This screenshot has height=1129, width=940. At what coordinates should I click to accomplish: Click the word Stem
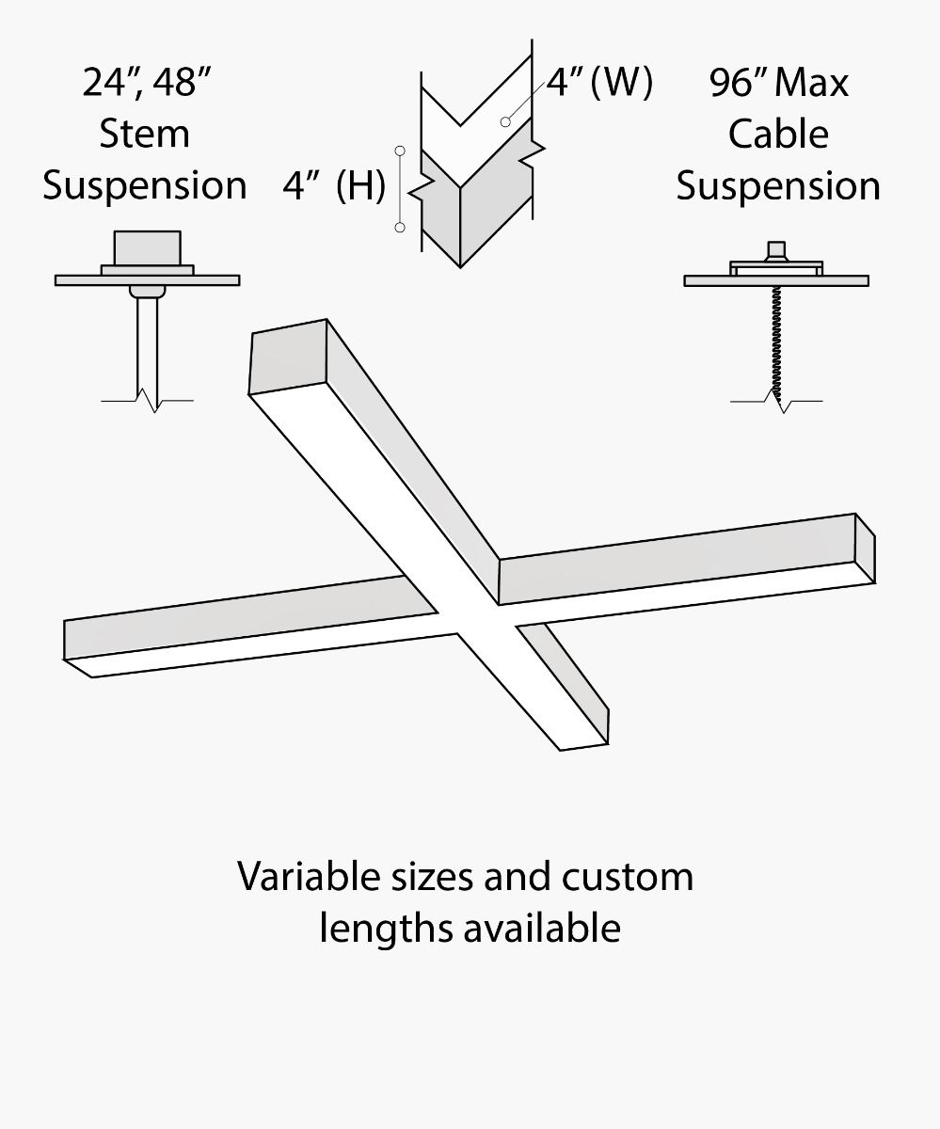144,134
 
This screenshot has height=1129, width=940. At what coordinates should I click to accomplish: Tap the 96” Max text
779,83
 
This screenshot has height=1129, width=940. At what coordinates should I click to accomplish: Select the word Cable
778,134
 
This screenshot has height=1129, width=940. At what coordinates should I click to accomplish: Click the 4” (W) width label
598,83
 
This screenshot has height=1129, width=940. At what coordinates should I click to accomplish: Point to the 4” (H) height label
334,186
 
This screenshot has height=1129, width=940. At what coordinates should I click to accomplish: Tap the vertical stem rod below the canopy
147,343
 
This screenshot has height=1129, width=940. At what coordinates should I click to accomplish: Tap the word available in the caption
541,928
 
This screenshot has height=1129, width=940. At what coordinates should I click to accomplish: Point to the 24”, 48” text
144,83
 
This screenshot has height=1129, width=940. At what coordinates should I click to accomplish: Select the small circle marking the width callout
506,121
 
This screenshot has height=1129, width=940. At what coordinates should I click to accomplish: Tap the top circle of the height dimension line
400,150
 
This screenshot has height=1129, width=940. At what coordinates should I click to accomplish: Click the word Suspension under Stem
144,185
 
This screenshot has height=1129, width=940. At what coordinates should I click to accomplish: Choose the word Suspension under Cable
778,185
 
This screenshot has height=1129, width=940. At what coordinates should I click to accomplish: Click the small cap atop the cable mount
777,249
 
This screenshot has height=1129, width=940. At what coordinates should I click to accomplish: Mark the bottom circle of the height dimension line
400,228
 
